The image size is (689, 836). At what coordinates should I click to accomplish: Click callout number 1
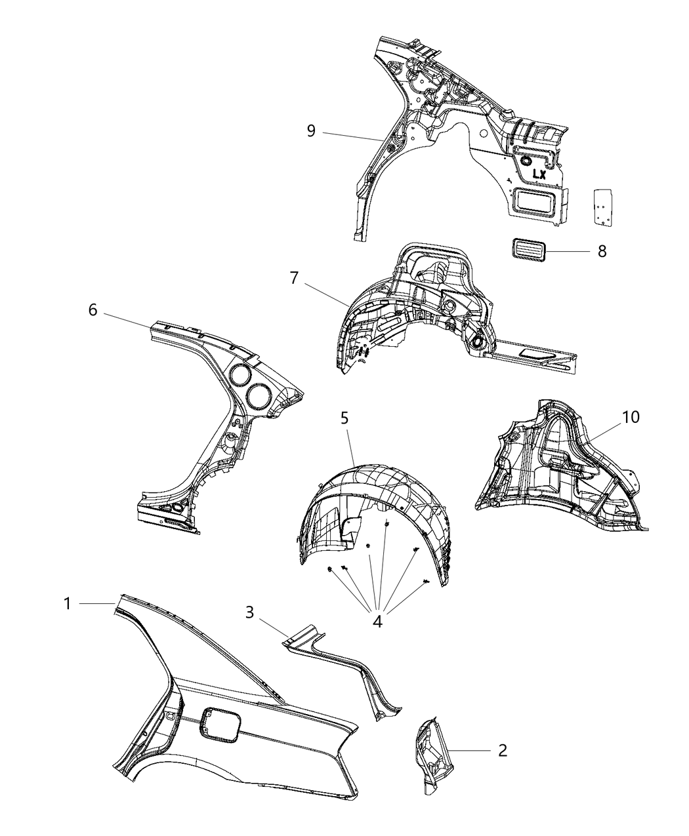pos(68,603)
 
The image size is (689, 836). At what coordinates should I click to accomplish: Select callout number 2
pos(502,750)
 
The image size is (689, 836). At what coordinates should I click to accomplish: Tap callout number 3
pos(250,612)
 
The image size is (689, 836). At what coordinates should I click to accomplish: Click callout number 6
pos(93,309)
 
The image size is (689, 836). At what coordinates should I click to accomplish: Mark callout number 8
pos(602,251)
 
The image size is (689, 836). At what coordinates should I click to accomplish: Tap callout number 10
pos(631,417)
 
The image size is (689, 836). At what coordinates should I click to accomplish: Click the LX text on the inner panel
pos(539,174)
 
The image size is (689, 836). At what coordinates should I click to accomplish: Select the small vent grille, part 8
pos(528,251)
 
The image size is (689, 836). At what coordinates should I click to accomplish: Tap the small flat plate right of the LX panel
pos(602,208)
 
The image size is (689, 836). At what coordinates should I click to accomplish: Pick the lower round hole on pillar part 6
pos(256,395)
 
